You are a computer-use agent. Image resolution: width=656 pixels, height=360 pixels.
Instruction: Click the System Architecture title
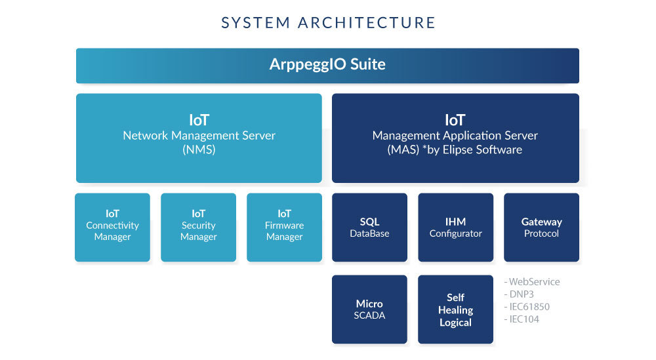tap(328, 22)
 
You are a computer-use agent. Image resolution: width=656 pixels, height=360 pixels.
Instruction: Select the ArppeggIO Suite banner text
tap(327, 64)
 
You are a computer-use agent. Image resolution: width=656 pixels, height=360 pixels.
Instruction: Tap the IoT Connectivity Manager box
tap(113, 228)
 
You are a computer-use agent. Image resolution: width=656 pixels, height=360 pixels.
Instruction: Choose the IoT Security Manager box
tap(198, 228)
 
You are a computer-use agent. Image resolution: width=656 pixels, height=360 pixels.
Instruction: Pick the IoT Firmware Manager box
tap(285, 228)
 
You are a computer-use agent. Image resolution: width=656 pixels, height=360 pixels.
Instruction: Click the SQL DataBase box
tap(369, 228)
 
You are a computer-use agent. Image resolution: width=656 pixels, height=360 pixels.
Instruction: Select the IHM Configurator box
tap(456, 228)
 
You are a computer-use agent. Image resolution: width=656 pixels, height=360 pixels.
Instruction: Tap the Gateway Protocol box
tap(541, 228)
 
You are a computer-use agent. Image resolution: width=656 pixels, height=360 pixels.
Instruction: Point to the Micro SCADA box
tap(369, 310)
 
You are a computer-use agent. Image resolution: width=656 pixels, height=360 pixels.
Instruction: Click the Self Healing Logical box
tap(456, 310)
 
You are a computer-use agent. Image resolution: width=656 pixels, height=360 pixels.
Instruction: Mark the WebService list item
tap(532, 282)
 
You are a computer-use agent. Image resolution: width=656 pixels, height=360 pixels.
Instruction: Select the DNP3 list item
tap(519, 294)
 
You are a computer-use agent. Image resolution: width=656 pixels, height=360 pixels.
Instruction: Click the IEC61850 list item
tap(527, 307)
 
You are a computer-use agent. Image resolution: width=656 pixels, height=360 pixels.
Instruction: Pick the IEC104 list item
tap(522, 319)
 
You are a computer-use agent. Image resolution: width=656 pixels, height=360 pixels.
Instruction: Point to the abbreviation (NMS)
tap(199, 150)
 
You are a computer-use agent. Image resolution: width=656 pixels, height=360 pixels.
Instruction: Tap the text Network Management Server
tap(199, 136)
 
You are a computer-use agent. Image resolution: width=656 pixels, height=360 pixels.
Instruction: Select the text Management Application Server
tap(455, 136)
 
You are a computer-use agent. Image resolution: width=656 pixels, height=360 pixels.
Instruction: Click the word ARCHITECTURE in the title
tap(367, 22)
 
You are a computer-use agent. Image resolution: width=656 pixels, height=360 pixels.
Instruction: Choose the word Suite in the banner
tap(368, 64)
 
